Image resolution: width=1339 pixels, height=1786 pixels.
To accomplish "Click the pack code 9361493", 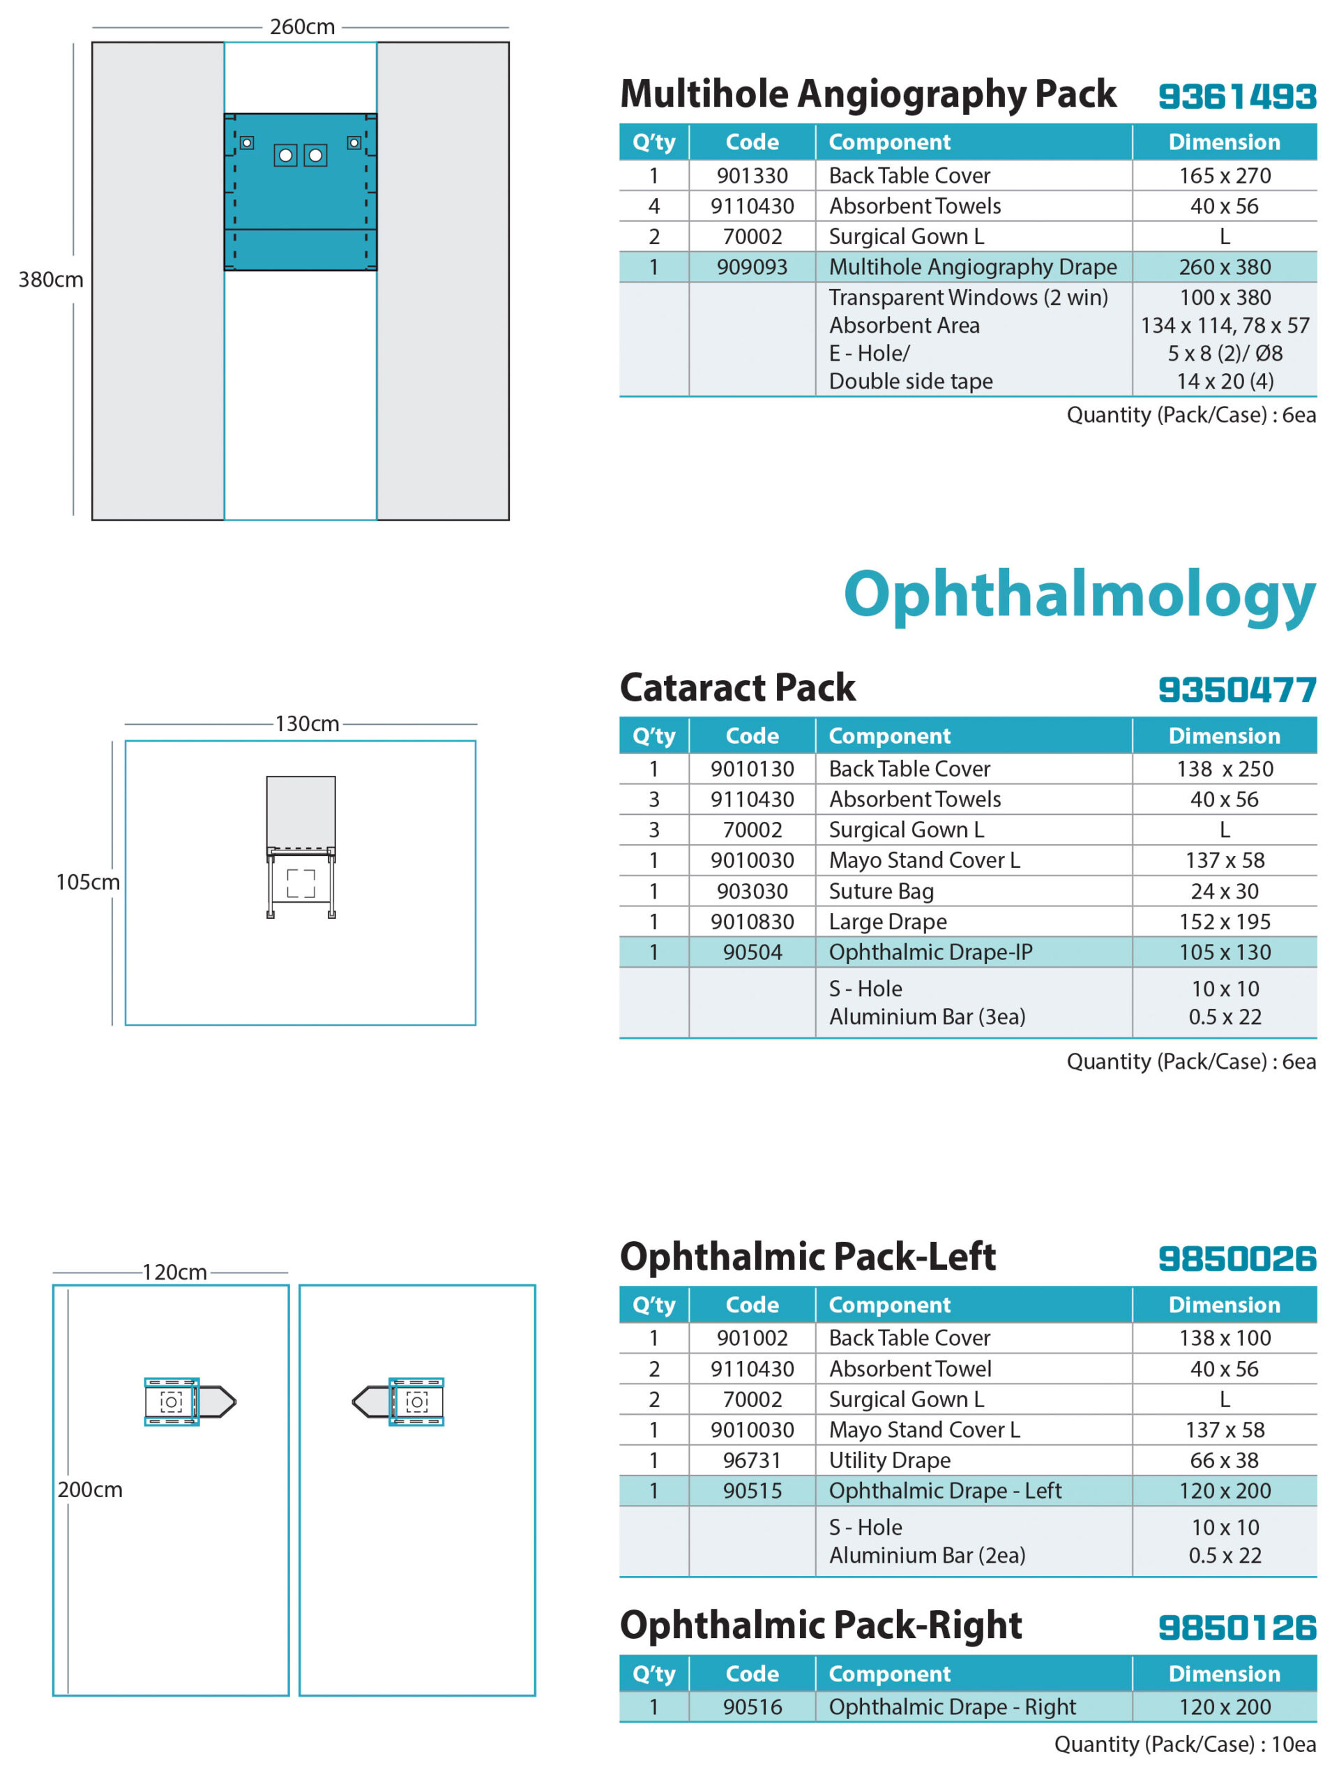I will click(x=1236, y=97).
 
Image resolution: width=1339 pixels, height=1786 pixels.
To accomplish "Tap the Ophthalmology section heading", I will click(x=1079, y=595).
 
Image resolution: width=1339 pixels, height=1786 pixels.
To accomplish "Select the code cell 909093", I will click(x=751, y=267).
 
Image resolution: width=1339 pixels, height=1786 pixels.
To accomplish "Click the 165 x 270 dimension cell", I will click(x=1225, y=176).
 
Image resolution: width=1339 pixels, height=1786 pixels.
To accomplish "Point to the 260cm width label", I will click(x=302, y=27).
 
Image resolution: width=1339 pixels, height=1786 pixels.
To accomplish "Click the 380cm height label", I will click(x=51, y=279).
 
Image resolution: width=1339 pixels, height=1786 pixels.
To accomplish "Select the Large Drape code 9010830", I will click(x=751, y=922).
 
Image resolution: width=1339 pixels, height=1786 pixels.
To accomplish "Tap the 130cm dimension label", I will click(x=307, y=724).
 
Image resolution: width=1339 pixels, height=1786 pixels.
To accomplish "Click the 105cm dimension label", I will click(x=87, y=883).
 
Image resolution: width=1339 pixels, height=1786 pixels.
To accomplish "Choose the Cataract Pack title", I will click(x=737, y=688).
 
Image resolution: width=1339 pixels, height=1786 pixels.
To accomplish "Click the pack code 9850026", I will click(x=1236, y=1259).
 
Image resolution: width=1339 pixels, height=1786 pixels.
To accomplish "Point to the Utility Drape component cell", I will click(x=889, y=1461).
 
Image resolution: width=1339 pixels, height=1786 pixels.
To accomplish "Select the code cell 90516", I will click(x=751, y=1708).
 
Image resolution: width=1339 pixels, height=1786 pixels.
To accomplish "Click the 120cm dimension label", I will click(x=174, y=1273).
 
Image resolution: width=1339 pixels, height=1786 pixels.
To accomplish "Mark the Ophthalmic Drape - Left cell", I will click(x=945, y=1492).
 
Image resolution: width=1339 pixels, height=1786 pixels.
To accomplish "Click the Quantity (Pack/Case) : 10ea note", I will click(x=1185, y=1745).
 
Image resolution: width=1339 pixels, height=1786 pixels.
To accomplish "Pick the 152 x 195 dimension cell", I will click(x=1225, y=922).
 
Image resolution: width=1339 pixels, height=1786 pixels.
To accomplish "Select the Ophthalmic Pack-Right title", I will click(x=821, y=1626).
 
